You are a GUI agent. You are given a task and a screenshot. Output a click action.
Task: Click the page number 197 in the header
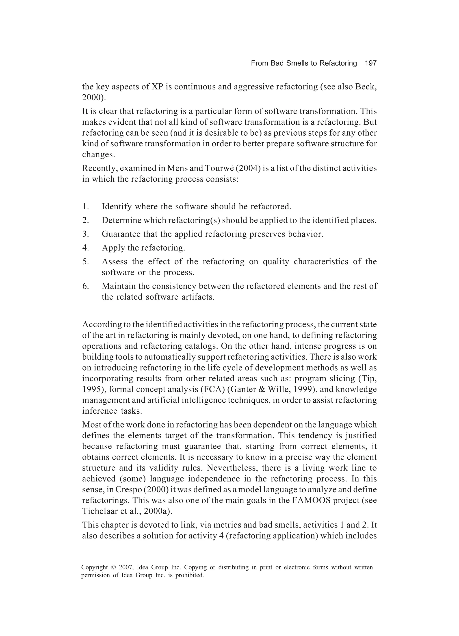tap(370, 63)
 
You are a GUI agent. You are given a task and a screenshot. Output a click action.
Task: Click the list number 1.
tap(86, 207)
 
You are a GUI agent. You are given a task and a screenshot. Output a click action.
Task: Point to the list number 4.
tap(86, 248)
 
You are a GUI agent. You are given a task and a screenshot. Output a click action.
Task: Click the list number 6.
tap(86, 286)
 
